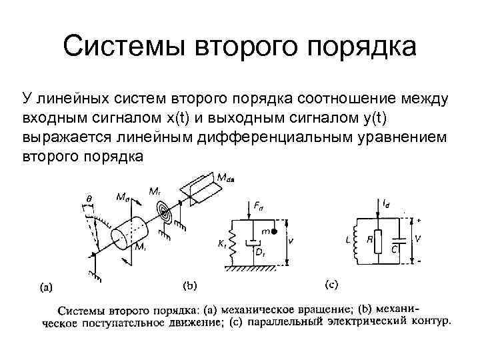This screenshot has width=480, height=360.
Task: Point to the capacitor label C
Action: click(x=395, y=249)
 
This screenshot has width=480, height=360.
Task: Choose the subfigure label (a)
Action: click(x=46, y=287)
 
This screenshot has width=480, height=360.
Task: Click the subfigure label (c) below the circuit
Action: click(x=331, y=285)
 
